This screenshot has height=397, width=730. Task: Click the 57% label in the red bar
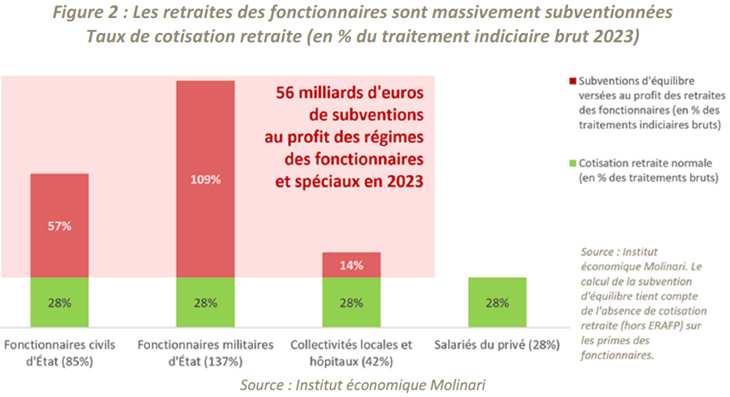(x=60, y=226)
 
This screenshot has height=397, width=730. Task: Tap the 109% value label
(x=205, y=179)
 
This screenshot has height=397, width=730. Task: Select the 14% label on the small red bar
(x=351, y=265)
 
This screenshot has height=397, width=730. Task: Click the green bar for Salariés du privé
(x=497, y=301)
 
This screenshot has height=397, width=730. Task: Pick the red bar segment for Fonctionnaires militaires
(x=205, y=133)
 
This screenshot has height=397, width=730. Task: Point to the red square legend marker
(x=573, y=81)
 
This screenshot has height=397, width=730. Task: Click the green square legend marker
(x=573, y=164)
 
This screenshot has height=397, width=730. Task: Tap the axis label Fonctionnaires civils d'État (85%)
(x=60, y=353)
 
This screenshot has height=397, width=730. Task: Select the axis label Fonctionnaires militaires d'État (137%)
(x=205, y=353)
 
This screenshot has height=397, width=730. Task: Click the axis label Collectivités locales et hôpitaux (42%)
(x=351, y=353)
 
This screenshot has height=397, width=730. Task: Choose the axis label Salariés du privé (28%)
(x=497, y=345)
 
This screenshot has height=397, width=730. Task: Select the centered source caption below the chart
(x=363, y=384)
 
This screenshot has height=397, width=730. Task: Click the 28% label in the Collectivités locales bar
(x=351, y=302)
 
